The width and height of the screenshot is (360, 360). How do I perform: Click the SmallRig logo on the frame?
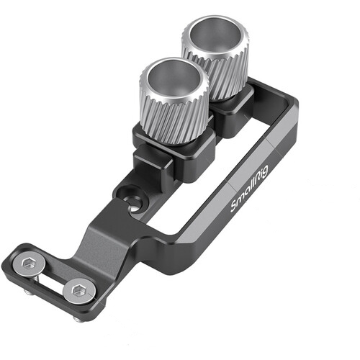[x=250, y=188]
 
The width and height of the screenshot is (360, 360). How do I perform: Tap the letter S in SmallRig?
[x=234, y=207]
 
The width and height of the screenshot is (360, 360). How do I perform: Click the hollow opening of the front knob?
[x=175, y=78]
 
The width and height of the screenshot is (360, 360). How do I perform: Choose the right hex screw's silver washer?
[x=79, y=292]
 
